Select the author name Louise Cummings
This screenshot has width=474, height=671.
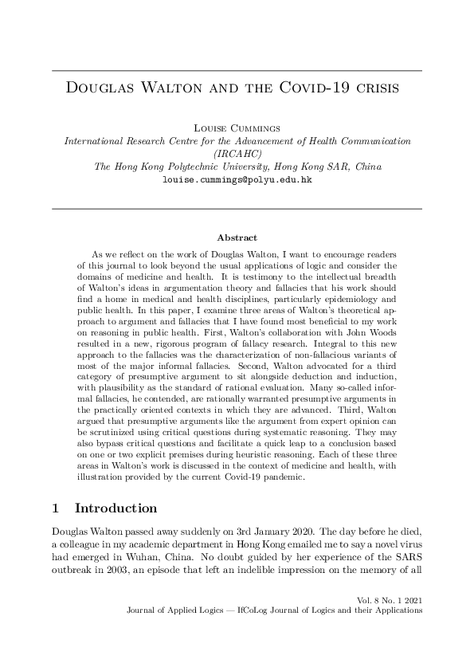click(x=237, y=127)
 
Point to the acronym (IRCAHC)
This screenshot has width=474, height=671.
click(x=237, y=153)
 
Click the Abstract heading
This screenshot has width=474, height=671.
click(x=237, y=237)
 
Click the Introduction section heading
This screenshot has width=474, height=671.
click(x=116, y=508)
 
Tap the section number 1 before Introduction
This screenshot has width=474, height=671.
click(x=55, y=508)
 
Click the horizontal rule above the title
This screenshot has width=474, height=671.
click(x=237, y=71)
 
